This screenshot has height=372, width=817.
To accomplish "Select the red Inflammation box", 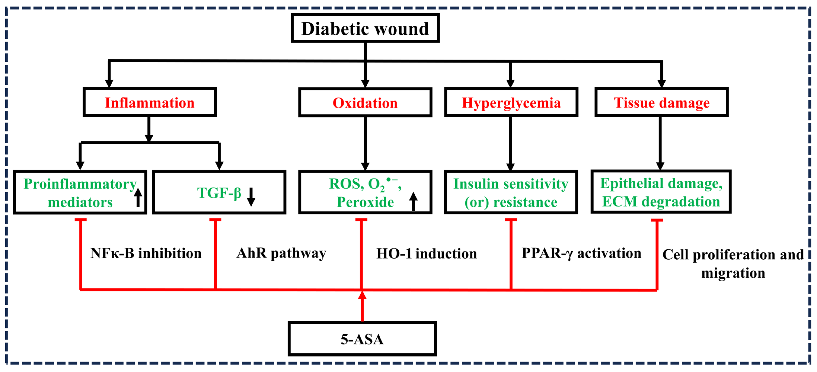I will [149, 102].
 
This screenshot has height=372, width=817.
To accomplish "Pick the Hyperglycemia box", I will [511, 102].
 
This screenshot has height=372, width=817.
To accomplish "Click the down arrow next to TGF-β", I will [251, 197].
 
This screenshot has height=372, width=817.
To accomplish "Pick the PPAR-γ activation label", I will [581, 253].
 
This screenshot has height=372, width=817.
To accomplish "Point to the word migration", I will [733, 273].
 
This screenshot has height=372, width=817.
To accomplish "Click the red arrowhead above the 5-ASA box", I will [362, 296].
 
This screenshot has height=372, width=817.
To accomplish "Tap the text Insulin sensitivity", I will [511, 184].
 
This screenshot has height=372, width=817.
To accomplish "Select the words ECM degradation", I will [661, 202].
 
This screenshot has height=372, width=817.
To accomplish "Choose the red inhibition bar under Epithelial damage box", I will [657, 220].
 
